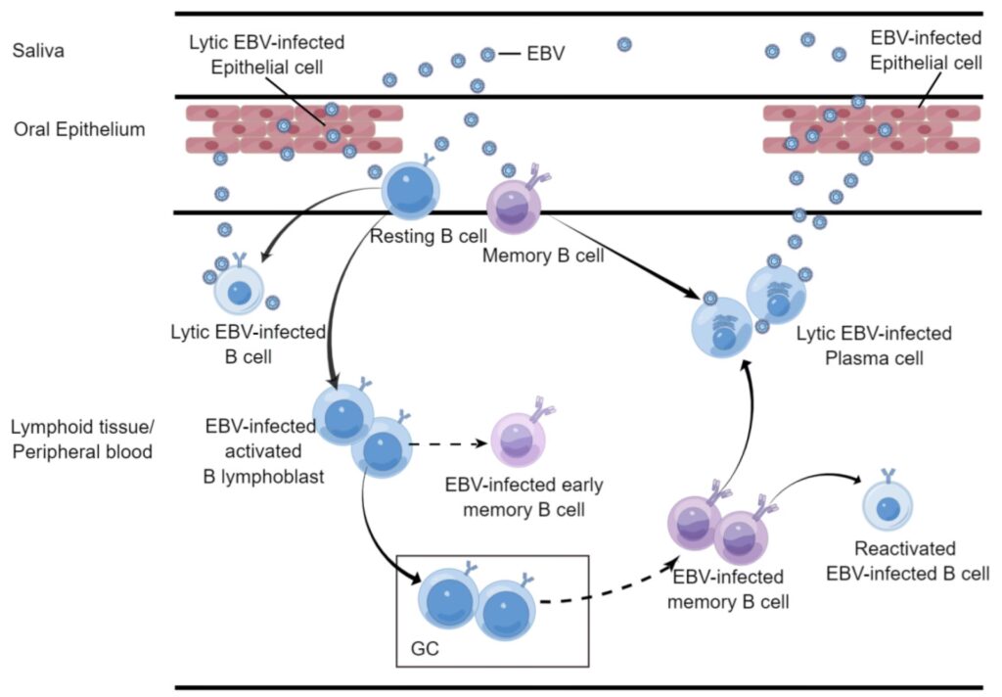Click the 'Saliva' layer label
pyautogui.click(x=39, y=51)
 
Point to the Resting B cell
pyautogui.click(x=407, y=191)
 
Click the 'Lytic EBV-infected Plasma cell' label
pyautogui.click(x=874, y=347)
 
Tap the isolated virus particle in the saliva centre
pyautogui.click(x=624, y=44)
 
